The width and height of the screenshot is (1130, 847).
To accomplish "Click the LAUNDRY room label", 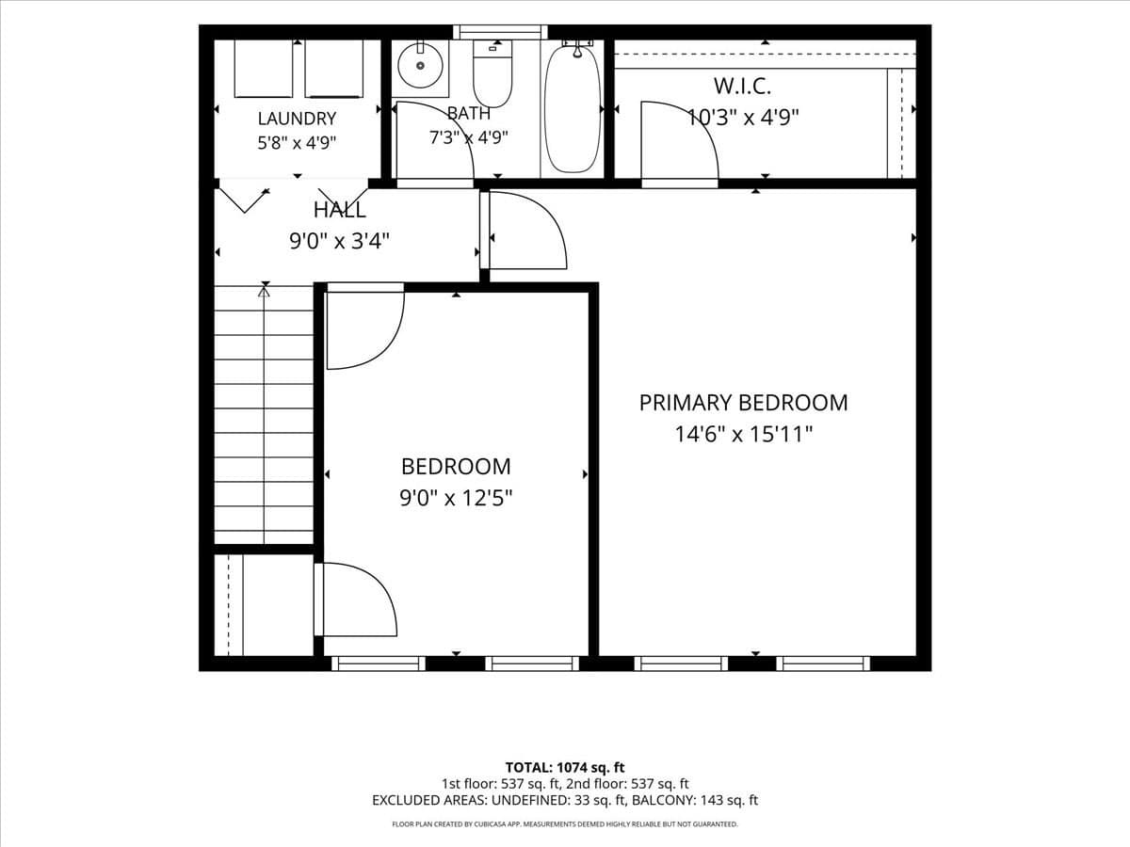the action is click(297, 119).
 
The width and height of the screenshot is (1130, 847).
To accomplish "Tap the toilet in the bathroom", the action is click(492, 73).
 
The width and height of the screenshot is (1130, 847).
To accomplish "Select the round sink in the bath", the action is click(420, 65).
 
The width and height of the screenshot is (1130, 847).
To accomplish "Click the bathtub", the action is click(573, 108).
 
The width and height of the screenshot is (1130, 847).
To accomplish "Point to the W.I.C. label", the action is click(742, 86).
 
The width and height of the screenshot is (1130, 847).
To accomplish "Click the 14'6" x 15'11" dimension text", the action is click(743, 435).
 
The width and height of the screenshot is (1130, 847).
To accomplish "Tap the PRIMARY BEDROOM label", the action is click(743, 403).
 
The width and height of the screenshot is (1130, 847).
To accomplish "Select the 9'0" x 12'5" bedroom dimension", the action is click(456, 498).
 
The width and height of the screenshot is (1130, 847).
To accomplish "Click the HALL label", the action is click(339, 210).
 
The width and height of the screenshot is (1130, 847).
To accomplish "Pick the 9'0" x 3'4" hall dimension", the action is click(339, 241).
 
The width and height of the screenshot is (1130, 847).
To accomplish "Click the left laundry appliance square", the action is click(264, 69).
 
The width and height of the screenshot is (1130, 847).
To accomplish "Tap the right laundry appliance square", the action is click(334, 69).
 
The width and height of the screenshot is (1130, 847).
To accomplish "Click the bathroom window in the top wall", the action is click(500, 32).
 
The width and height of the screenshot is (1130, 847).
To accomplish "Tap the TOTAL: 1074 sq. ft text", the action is click(565, 768).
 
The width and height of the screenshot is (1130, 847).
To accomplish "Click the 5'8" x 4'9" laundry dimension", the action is click(297, 142).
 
